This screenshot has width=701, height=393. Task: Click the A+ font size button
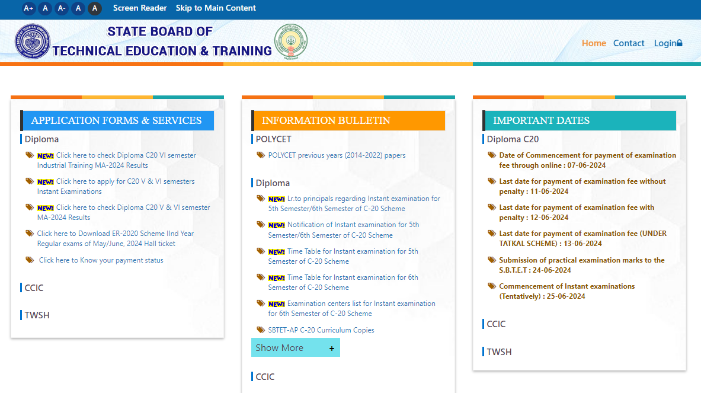tap(28, 8)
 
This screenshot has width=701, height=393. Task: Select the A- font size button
tap(62, 8)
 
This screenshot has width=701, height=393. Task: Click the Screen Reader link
tap(140, 8)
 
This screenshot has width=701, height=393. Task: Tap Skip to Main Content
tap(216, 8)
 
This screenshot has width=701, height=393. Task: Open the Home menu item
tap(594, 43)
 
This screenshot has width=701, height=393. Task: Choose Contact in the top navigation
tap(629, 43)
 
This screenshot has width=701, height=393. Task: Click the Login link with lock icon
tap(668, 43)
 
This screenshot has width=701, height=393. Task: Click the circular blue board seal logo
tap(33, 41)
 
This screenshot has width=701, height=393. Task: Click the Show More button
tap(295, 348)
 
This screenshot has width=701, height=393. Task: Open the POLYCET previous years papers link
tap(337, 155)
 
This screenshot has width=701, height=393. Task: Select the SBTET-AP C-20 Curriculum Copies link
tap(321, 330)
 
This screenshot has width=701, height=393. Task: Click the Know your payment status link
tap(101, 260)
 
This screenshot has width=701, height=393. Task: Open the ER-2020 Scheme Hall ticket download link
tap(115, 238)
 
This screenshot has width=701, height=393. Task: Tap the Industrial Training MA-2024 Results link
tap(116, 161)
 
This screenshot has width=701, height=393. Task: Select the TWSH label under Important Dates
tap(499, 352)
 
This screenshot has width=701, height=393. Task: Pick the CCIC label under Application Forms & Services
tap(34, 288)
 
